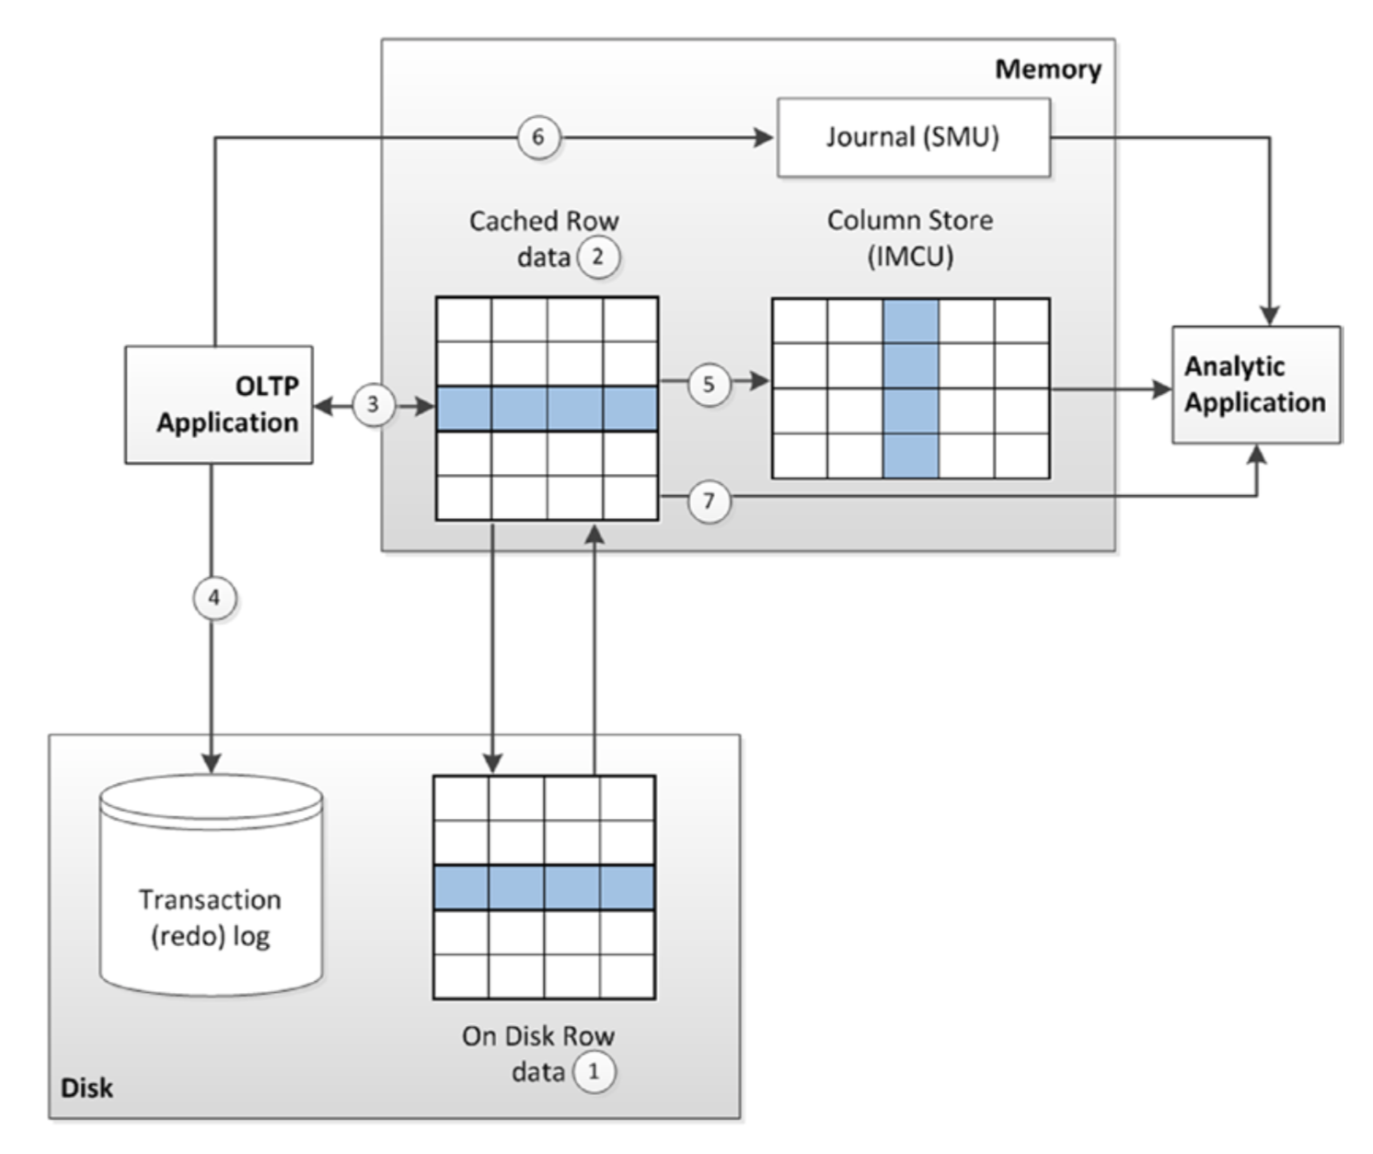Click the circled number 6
point(538,137)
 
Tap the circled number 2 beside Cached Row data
point(598,257)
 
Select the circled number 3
point(374,405)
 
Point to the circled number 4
point(214,598)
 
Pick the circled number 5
point(709,384)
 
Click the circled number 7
point(709,502)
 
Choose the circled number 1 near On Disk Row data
point(594,1071)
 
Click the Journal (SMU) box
point(914,137)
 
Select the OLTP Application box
point(219,404)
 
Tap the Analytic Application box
point(1256,385)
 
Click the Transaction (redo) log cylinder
point(211,884)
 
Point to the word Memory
point(1048,69)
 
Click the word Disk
point(87,1089)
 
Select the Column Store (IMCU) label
point(910,238)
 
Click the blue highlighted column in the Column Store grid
point(911,388)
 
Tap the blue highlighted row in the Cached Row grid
point(548,409)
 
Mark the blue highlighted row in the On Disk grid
point(545,888)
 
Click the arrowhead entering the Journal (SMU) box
point(764,137)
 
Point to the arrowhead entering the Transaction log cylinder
point(211,764)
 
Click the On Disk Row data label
point(538,1054)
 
